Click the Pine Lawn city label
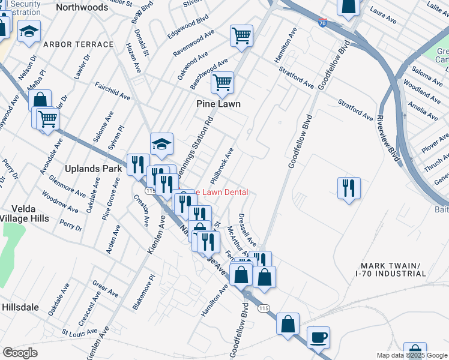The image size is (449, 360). pos(218,104)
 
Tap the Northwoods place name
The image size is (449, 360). pos(85,7)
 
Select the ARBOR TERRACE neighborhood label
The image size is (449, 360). pos(79,44)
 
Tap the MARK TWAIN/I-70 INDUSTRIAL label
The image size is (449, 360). pos(390,269)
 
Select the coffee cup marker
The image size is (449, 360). pos(318,337)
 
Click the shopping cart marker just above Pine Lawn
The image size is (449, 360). pos(222,82)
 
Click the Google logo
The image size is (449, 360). pos(20,353)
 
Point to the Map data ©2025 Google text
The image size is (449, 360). pos(412,355)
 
